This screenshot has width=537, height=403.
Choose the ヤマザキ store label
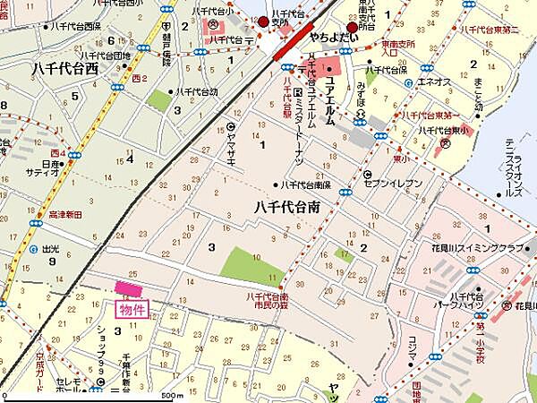coord(231,141)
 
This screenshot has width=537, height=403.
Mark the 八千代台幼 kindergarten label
coord(197,91)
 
